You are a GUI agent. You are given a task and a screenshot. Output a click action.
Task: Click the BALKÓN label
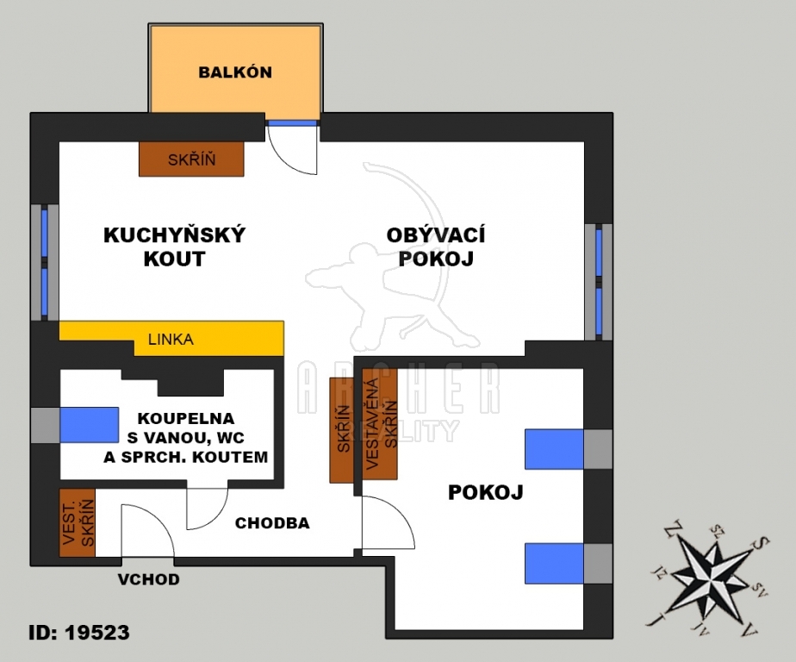click(x=235, y=72)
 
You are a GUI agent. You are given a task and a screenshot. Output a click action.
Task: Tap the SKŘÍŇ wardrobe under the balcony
click(x=191, y=159)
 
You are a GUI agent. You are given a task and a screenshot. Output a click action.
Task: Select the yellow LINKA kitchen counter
click(x=171, y=339)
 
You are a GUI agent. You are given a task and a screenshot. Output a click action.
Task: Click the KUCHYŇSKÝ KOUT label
click(x=174, y=247)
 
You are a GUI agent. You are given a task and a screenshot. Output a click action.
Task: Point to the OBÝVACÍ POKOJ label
click(x=436, y=247)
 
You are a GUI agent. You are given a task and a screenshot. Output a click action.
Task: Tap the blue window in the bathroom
click(x=90, y=425)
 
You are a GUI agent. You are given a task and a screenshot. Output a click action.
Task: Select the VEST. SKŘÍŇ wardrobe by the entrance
click(x=78, y=523)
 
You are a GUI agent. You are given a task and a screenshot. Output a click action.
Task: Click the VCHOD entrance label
click(x=149, y=579)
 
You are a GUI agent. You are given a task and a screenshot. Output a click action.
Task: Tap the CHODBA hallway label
click(x=272, y=523)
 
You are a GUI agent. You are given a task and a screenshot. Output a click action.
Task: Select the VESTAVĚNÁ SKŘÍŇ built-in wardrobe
click(x=380, y=423)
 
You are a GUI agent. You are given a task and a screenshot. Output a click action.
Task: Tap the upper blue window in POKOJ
click(x=554, y=449)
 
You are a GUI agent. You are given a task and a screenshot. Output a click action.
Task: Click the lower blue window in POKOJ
click(x=554, y=564)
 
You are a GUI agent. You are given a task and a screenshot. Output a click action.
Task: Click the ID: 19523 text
click(x=79, y=633)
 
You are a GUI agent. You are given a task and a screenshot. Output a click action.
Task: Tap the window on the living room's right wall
click(x=599, y=282)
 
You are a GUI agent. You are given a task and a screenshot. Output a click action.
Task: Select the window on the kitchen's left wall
click(x=45, y=262)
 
